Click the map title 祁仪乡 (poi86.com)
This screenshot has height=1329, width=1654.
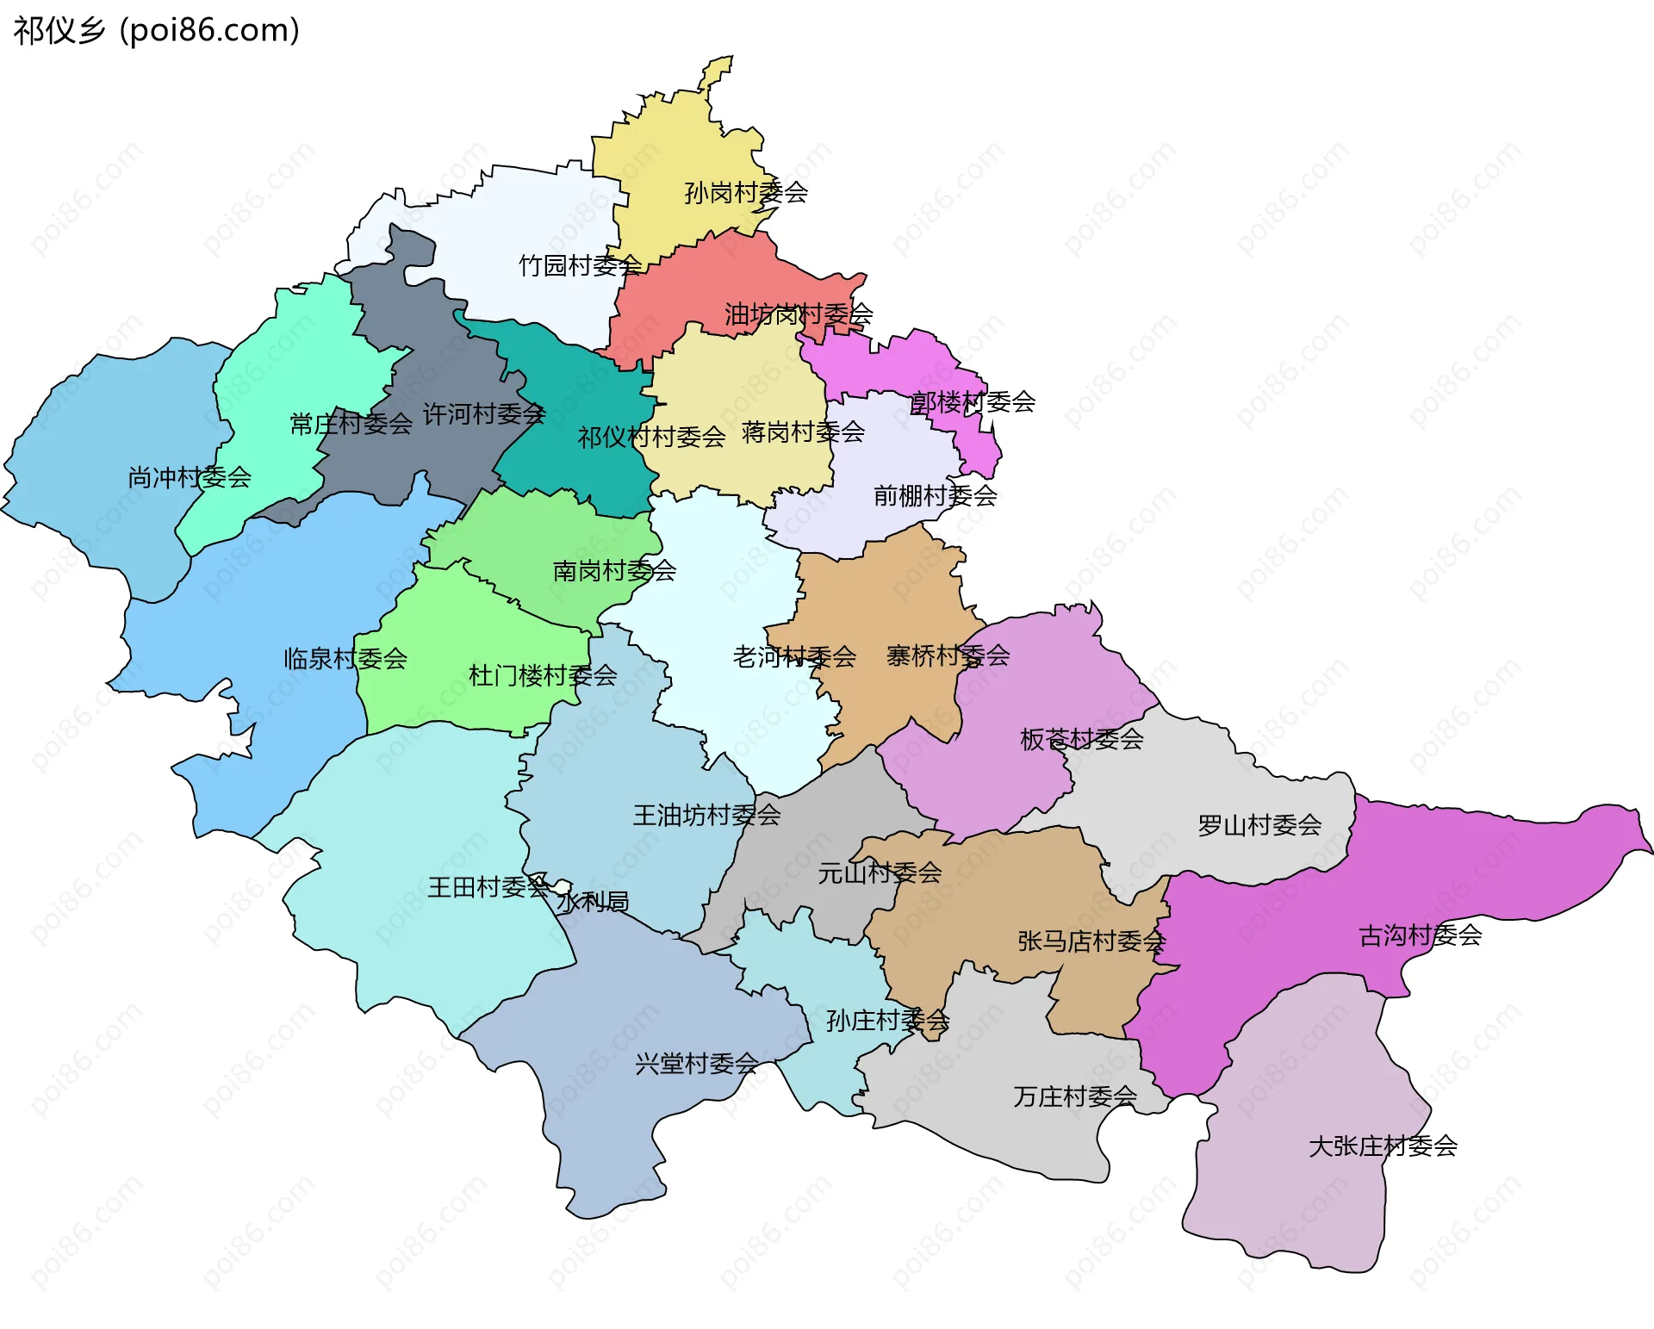(156, 30)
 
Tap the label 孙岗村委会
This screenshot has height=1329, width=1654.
(746, 192)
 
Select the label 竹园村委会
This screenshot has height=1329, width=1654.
(580, 265)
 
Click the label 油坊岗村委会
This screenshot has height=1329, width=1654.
(799, 314)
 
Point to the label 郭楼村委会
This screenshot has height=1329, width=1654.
(973, 401)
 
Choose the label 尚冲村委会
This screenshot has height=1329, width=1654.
(190, 477)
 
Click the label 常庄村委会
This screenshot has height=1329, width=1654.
(351, 424)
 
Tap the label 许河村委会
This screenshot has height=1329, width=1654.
(484, 414)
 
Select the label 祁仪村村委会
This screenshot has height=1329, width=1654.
(651, 438)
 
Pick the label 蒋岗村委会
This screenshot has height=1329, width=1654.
(803, 432)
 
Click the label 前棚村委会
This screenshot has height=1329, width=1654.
(935, 495)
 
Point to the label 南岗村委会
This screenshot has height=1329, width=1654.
(614, 570)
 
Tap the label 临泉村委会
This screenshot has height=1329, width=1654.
(345, 659)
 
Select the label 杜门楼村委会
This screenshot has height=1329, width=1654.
(543, 675)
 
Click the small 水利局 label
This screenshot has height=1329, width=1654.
(593, 902)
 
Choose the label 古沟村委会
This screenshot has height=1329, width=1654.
(1420, 935)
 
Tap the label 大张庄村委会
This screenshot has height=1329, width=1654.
(1383, 1146)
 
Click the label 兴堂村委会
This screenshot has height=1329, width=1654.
(696, 1064)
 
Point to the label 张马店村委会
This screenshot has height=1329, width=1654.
(1091, 941)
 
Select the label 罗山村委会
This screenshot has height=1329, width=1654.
(1259, 825)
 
